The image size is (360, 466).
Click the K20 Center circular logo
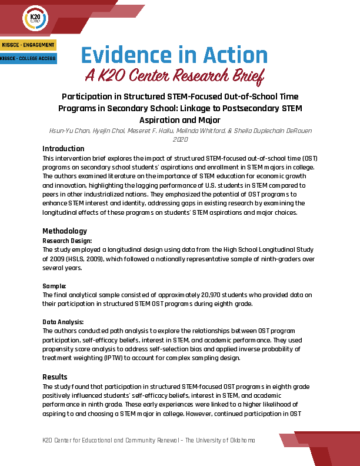point(34,19)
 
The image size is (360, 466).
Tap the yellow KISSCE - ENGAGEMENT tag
point(28,45)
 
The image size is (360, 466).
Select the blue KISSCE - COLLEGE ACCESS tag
point(28,59)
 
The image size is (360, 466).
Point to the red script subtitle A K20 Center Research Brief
point(174,75)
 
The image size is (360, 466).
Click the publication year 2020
point(180,139)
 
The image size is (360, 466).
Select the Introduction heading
point(64,149)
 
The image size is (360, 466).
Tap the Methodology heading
point(65,231)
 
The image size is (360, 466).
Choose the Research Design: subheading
point(68,241)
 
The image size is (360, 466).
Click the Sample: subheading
point(55,286)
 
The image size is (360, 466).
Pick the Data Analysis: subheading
point(64,322)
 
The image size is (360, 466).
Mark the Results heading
point(55,377)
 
